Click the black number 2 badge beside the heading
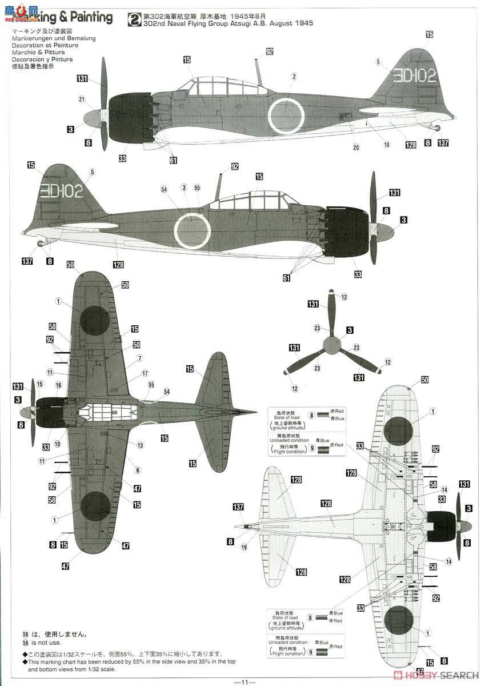coord(133,19)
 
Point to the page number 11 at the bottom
coord(243,681)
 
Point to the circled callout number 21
coord(82,99)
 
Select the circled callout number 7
coord(139,359)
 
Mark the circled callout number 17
coord(145,373)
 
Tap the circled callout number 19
coord(244,547)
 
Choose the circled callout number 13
coord(140,445)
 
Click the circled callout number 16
coord(58,385)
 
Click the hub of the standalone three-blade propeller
coord(331,345)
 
